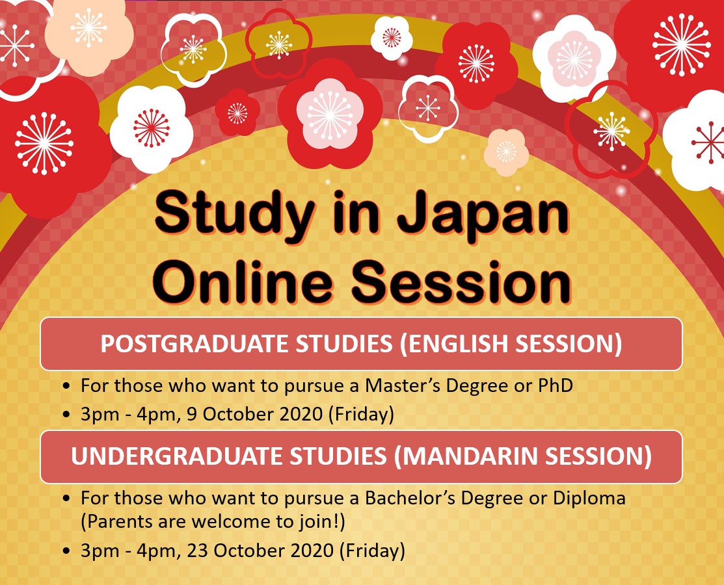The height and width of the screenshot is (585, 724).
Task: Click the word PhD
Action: point(556,385)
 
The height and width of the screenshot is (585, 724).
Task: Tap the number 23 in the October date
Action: point(197,551)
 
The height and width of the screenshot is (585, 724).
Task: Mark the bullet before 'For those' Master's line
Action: point(67,386)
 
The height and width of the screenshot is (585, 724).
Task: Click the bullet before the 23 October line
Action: point(67,551)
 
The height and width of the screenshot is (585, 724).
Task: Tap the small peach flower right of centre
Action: point(506,152)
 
